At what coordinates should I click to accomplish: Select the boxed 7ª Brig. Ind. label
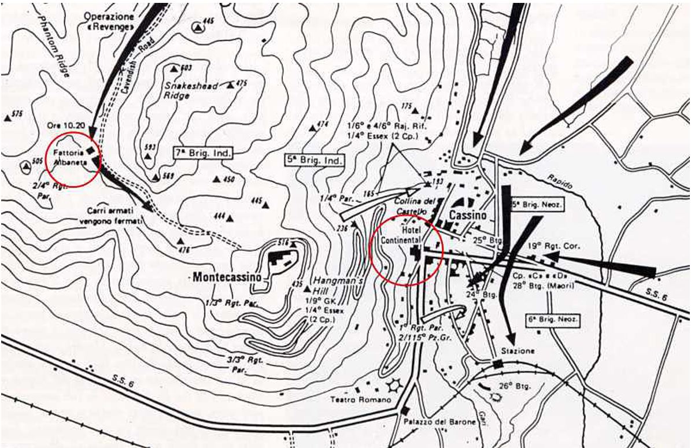pos(202,154)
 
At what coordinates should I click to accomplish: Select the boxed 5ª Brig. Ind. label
pos(315,160)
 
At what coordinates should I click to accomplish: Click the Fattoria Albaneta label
pos(69,158)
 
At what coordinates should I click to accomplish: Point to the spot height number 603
pos(186,68)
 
